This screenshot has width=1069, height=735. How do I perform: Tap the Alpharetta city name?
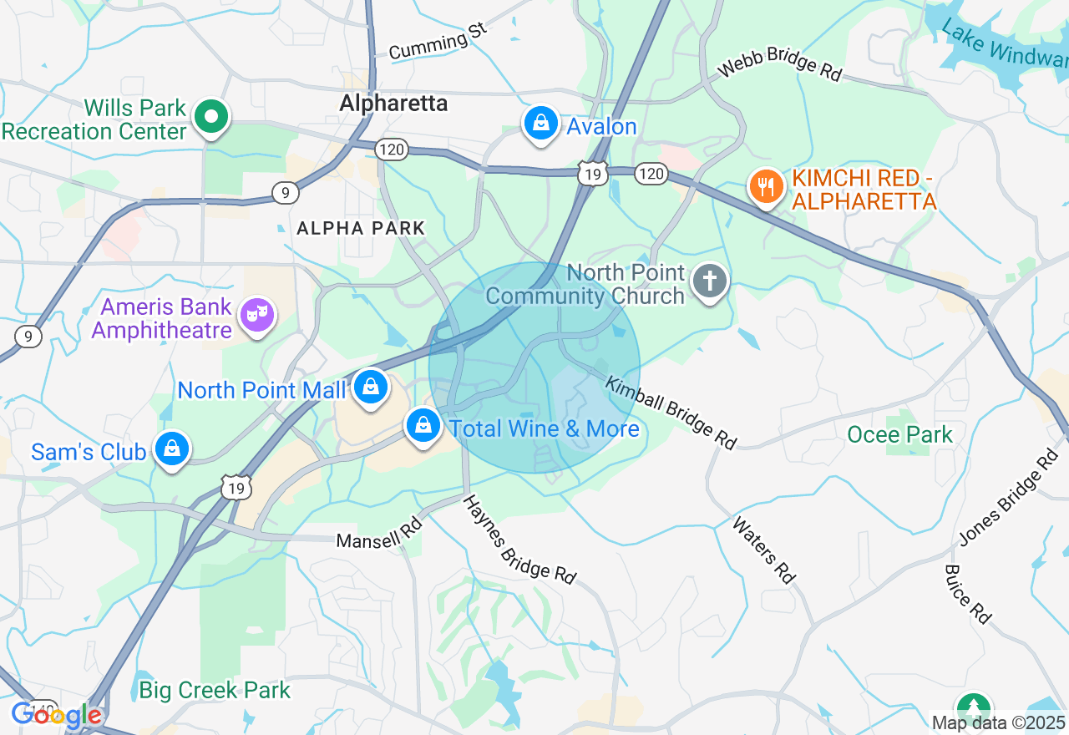click(x=393, y=104)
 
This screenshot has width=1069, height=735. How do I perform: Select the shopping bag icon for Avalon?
click(x=541, y=124)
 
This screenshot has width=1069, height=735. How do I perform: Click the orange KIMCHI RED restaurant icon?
click(x=765, y=186)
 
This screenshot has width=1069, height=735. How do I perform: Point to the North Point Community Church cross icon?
click(x=710, y=283)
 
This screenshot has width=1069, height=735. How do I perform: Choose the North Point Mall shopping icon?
click(x=370, y=388)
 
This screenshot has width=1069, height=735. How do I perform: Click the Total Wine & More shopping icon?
click(x=423, y=427)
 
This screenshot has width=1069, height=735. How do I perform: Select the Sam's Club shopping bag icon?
click(x=172, y=450)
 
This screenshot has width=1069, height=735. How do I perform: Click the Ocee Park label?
click(x=899, y=434)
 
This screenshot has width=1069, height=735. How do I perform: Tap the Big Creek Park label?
click(x=215, y=691)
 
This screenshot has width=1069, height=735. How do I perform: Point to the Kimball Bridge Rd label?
click(x=671, y=413)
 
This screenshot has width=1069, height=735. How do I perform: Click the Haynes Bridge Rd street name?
click(x=519, y=539)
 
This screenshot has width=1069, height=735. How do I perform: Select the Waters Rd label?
click(x=764, y=550)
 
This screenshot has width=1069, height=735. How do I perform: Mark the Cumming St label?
click(x=438, y=42)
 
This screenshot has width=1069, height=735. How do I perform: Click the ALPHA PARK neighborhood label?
click(x=361, y=228)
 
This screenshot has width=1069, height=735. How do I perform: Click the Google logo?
click(x=57, y=715)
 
